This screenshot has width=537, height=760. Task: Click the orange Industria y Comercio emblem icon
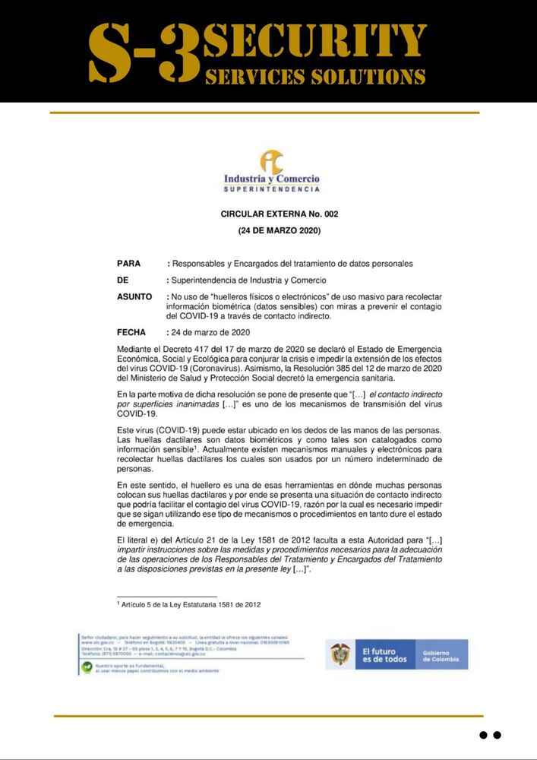(271, 161)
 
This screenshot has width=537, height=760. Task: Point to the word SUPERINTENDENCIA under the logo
(271, 188)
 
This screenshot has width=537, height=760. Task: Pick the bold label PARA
(129, 264)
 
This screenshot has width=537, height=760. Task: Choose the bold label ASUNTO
(134, 296)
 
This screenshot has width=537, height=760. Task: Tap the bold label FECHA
(131, 332)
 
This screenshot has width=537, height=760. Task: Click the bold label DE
(123, 280)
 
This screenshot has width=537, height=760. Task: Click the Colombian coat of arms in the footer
(341, 654)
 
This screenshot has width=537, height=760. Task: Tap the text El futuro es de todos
(384, 654)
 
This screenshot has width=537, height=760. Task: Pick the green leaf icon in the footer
(87, 668)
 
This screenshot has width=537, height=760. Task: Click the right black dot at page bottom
(498, 735)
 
